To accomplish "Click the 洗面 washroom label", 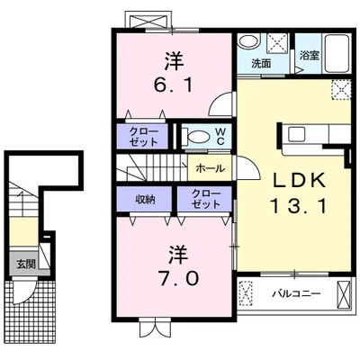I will [261, 64].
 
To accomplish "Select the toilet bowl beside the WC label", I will [196, 137].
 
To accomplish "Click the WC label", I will [218, 136].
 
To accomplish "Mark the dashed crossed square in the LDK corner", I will [340, 88].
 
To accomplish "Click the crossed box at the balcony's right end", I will [342, 292].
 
